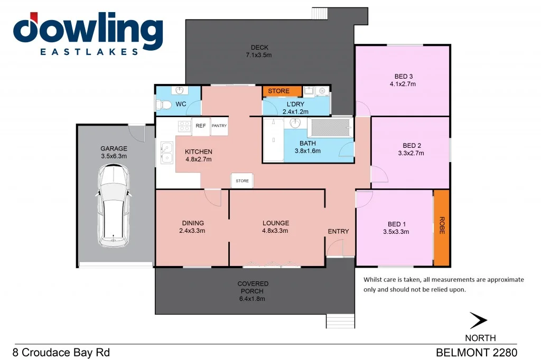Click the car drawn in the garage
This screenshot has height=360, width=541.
click(113, 206)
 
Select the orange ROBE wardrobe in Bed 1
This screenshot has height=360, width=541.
click(441, 228)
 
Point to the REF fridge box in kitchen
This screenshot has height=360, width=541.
click(201, 126)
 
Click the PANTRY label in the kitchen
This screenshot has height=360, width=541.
click(219, 126)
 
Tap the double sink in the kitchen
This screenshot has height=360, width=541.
click(166, 153)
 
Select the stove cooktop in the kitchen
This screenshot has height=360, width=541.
click(184, 126)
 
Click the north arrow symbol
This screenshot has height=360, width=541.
click(478, 320)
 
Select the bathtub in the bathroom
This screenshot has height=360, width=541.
click(330, 128)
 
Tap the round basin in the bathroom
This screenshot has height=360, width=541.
click(295, 124)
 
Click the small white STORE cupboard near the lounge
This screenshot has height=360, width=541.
click(242, 181)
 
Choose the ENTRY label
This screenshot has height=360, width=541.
click(338, 231)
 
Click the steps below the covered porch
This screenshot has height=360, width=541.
click(340, 321)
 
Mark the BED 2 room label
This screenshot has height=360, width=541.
click(412, 146)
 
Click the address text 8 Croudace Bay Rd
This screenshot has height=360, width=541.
click(61, 352)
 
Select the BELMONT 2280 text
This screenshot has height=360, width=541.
click(476, 352)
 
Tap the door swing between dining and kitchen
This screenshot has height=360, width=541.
click(212, 197)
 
